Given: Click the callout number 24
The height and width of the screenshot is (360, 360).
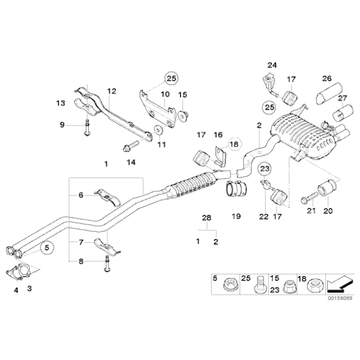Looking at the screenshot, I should (271, 65).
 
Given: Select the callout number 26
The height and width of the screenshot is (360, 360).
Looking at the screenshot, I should (326, 78).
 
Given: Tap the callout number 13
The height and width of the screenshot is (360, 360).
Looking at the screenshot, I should (60, 102).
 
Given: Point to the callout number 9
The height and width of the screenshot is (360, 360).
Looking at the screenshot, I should (62, 125).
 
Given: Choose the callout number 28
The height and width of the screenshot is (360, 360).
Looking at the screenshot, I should (207, 217).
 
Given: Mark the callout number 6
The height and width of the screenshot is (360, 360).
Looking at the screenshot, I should (81, 196).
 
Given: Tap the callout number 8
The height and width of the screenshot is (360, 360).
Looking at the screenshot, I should (81, 261).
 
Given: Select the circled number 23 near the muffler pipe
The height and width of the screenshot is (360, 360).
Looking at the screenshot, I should (264, 168).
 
